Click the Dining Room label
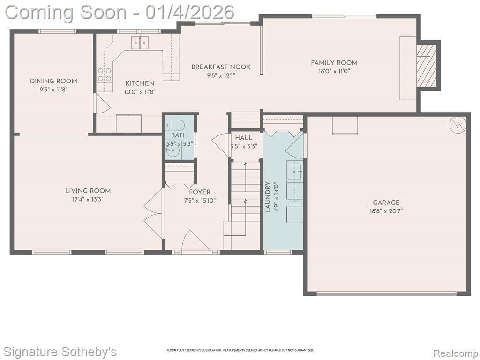point(53,81)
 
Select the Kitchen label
point(140,83)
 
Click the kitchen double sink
point(140,42)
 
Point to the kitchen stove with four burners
point(105,75)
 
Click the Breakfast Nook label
point(221,67)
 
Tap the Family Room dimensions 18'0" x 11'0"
point(334,71)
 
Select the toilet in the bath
point(175,126)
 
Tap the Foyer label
point(200,192)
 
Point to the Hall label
point(244,138)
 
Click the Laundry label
point(268,197)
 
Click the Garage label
point(386,202)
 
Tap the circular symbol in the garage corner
point(458,125)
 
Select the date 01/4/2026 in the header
point(190,12)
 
